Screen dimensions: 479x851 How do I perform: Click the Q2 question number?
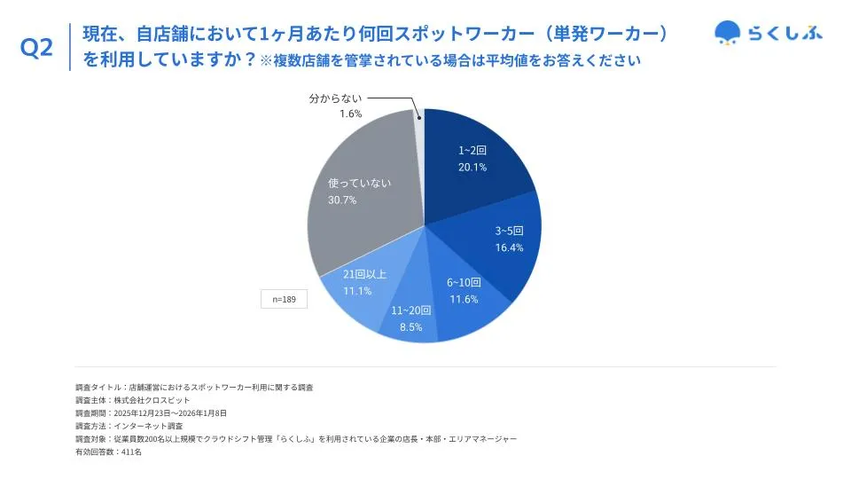coord(36,49)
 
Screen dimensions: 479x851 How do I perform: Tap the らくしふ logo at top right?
coord(768,33)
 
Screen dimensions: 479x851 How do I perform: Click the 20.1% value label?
coord(472,167)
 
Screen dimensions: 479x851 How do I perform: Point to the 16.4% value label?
coord(509,247)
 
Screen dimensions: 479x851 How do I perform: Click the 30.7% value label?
coord(342,200)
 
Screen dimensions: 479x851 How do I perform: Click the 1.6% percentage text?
coord(350,114)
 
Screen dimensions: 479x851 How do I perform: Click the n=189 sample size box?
coord(284,300)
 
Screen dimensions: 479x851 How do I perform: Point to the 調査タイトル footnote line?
coord(194,388)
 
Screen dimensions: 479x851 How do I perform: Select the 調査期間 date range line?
coord(151,413)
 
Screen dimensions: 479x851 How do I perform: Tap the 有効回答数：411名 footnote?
coord(108,452)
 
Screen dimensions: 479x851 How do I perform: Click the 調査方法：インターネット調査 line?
coord(129,426)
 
